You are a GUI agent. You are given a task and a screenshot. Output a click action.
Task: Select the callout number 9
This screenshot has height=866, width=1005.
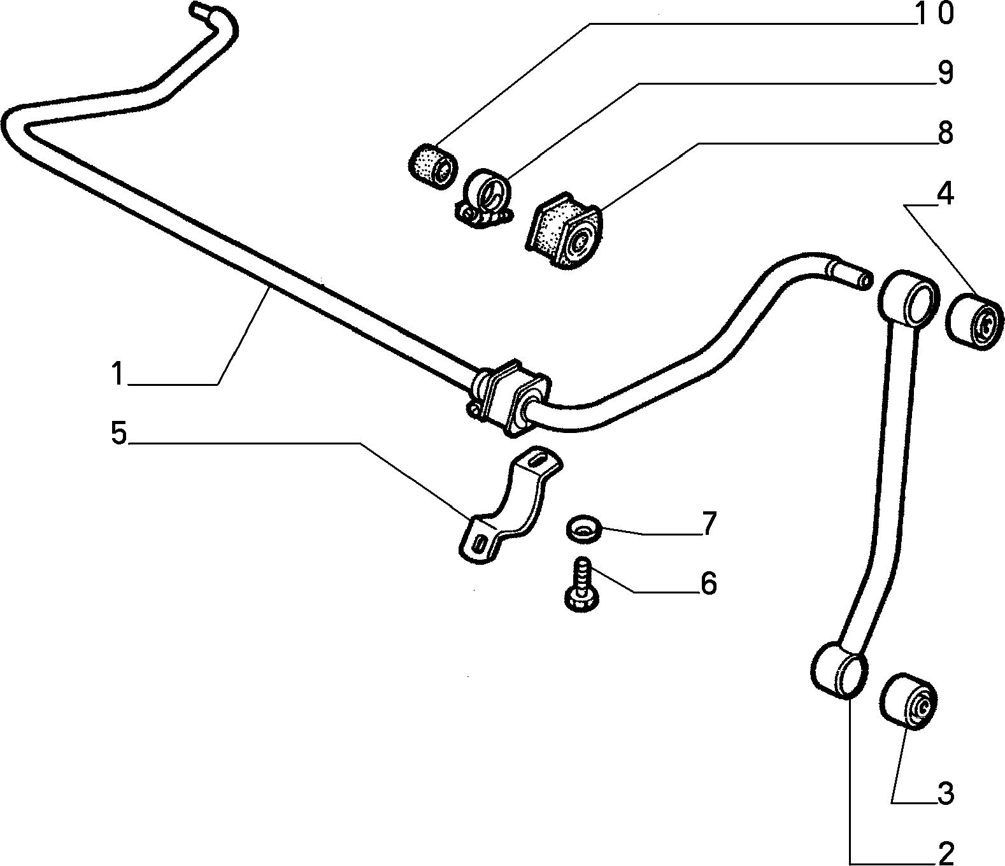coord(945,74)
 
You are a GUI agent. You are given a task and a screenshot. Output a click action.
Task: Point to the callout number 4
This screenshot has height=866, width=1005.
coord(944,193)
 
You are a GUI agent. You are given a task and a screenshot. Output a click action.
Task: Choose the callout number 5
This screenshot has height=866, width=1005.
coord(118,433)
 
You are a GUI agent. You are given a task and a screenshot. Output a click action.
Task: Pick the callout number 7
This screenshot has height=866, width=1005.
coord(709,523)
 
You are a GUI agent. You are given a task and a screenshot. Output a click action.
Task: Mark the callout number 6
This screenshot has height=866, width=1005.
coord(708,583)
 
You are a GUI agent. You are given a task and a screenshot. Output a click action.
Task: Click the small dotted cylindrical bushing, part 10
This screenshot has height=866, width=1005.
coord(431,166)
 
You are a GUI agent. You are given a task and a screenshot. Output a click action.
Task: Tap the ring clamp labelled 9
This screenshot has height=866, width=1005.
coord(485,199)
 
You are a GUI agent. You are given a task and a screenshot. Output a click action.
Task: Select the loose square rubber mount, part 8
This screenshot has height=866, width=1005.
coord(564,231)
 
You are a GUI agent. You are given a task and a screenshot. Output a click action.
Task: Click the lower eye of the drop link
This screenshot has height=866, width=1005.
coord(839,669)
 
